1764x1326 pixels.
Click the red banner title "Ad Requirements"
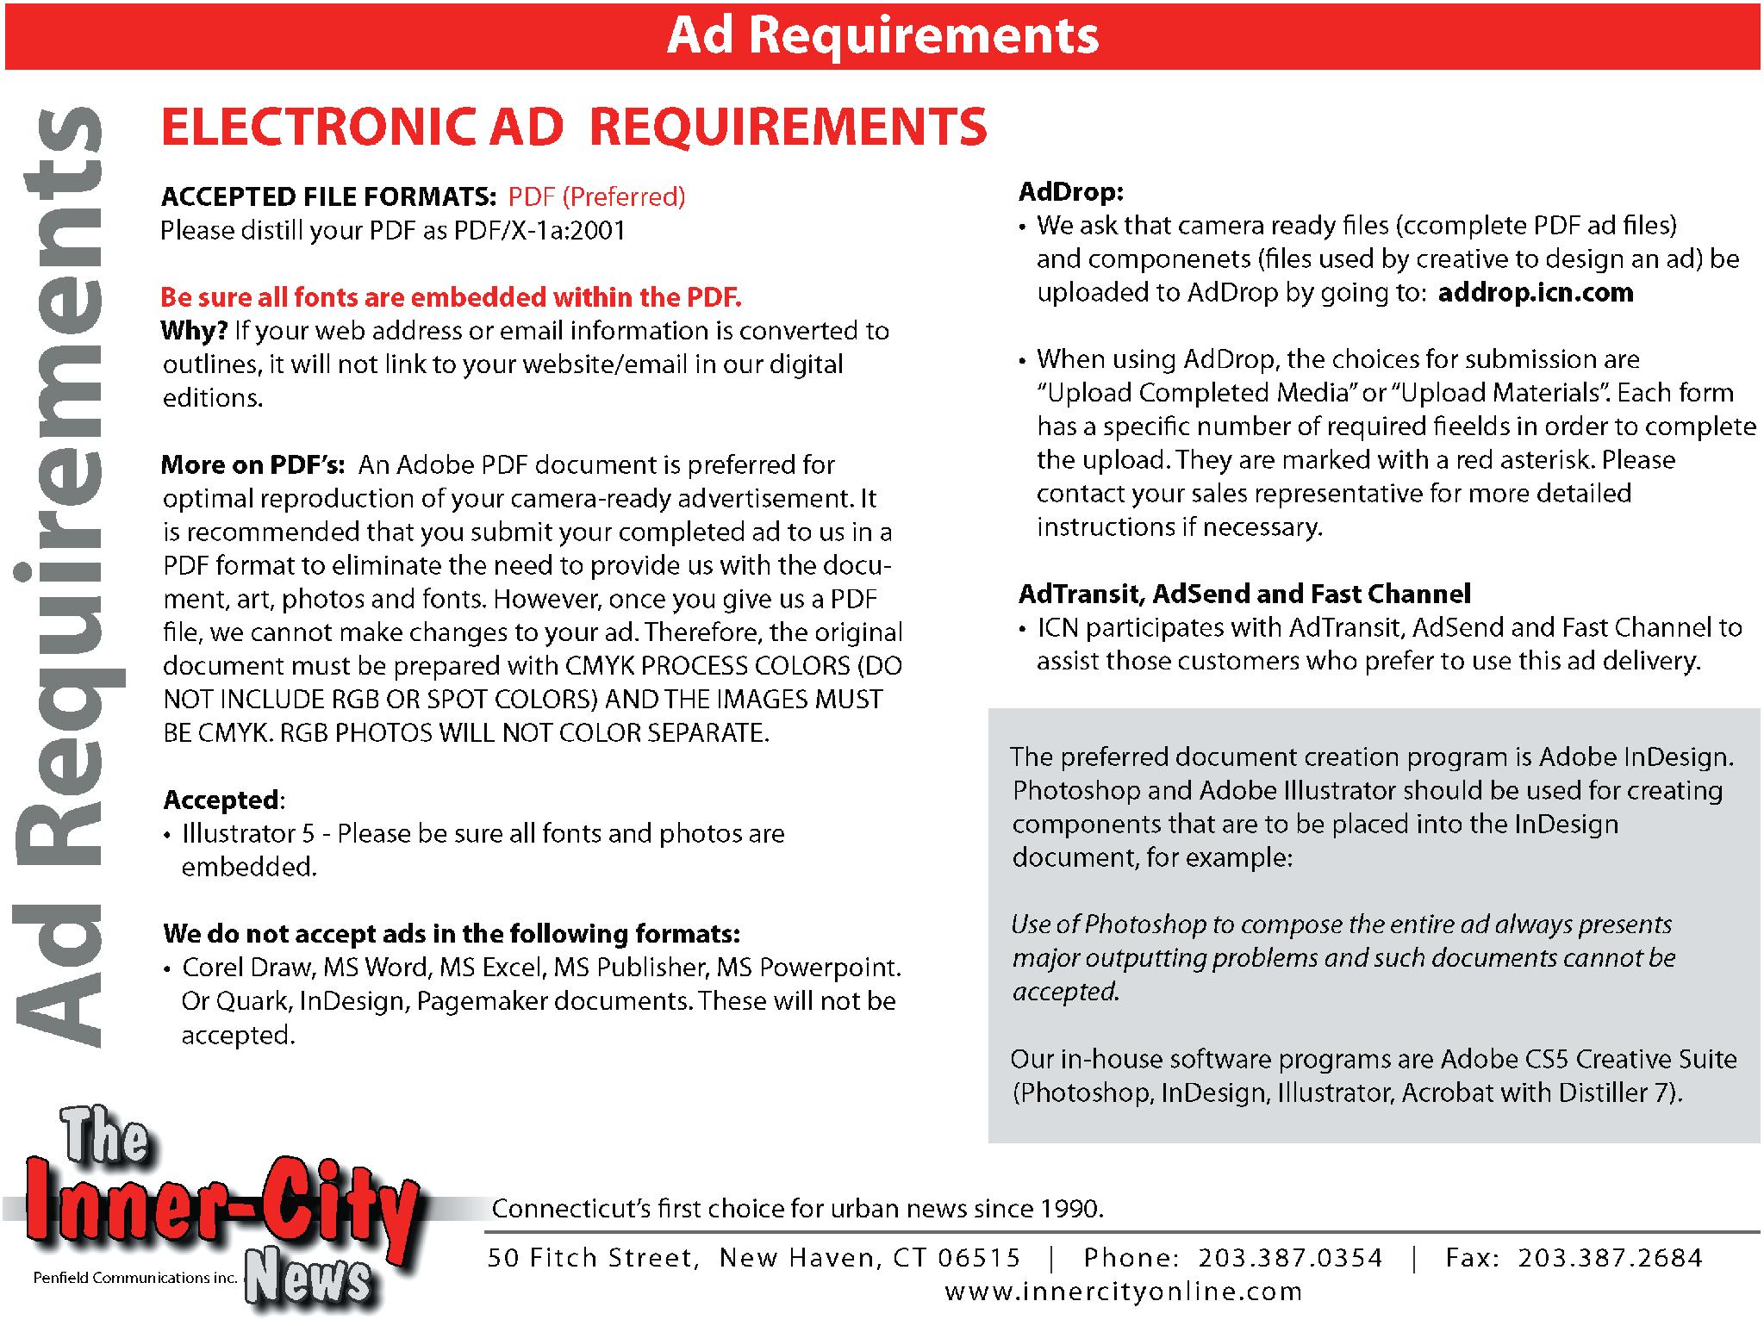pos(882,35)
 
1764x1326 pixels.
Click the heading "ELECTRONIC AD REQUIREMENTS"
pos(574,127)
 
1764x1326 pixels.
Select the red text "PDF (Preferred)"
pos(596,197)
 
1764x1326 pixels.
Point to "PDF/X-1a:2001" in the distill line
pos(539,231)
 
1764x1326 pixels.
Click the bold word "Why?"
pos(194,331)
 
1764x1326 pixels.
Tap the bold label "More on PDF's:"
pos(252,465)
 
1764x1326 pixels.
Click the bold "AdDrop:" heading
pos(1071,191)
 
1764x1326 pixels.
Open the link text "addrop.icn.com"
pos(1535,293)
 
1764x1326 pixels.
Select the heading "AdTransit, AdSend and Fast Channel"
pos(1244,594)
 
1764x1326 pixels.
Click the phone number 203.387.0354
pos(1290,1258)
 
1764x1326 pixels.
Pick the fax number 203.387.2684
pos(1610,1258)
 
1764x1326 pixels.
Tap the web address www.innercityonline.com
pos(1124,1292)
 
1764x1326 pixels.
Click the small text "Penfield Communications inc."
pos(134,1278)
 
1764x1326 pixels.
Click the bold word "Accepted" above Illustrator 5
pos(221,800)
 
